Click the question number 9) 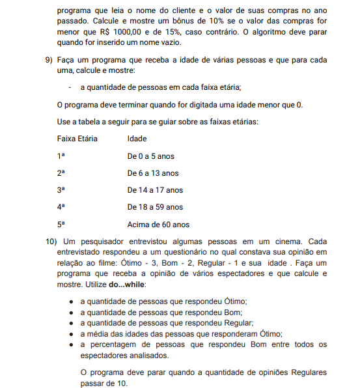tap(49, 60)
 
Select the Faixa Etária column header tap(77, 139)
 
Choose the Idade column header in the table tap(137, 139)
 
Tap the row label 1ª tap(61, 156)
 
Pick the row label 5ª tap(61, 224)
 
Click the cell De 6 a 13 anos tap(152, 173)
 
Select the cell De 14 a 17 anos tap(155, 190)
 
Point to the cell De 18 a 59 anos tap(155, 207)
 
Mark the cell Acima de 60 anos tap(158, 224)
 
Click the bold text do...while tap(128, 284)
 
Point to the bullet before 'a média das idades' tap(70, 333)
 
